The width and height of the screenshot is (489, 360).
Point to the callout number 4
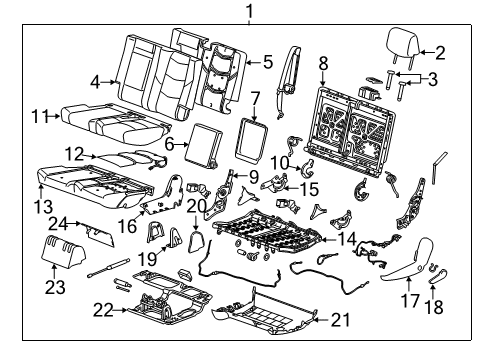coord(94,80)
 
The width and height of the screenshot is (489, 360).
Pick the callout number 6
coord(169,145)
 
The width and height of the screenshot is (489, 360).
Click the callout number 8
coord(322,65)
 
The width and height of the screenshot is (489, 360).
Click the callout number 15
coord(311,188)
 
